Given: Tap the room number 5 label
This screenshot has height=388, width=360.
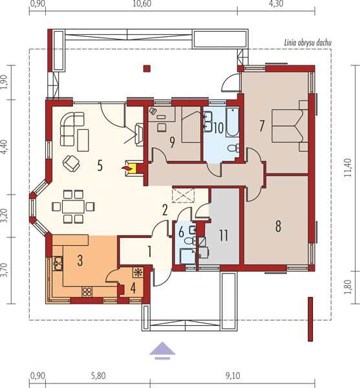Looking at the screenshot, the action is click(100, 166).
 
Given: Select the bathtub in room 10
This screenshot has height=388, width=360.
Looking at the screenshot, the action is click(233, 122).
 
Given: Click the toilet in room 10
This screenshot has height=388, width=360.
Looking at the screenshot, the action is click(234, 148).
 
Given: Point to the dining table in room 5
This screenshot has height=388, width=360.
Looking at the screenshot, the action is click(73, 207).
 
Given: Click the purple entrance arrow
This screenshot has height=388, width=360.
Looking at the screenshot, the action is click(162, 350).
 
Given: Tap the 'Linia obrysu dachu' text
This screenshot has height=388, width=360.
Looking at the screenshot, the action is click(308, 43).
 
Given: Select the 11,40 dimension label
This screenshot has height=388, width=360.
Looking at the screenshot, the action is click(348, 167).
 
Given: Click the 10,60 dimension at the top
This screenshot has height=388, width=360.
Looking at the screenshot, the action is click(142, 4).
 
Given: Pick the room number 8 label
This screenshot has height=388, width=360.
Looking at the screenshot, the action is click(278, 226).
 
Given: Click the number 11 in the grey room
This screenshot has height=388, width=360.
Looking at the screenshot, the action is click(224, 235).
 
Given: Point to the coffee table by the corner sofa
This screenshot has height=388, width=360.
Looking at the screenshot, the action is click(83, 140).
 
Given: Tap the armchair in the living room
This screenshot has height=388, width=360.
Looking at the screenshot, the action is click(71, 164).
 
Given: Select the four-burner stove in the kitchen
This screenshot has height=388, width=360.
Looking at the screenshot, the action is click(87, 292).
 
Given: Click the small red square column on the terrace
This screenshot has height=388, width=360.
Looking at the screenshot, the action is click(147, 69).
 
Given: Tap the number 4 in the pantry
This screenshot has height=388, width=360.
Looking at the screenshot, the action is click(133, 288).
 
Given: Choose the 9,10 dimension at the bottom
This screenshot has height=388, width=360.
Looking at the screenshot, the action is click(233, 376).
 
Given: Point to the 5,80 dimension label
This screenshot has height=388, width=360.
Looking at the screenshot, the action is click(98, 376).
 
